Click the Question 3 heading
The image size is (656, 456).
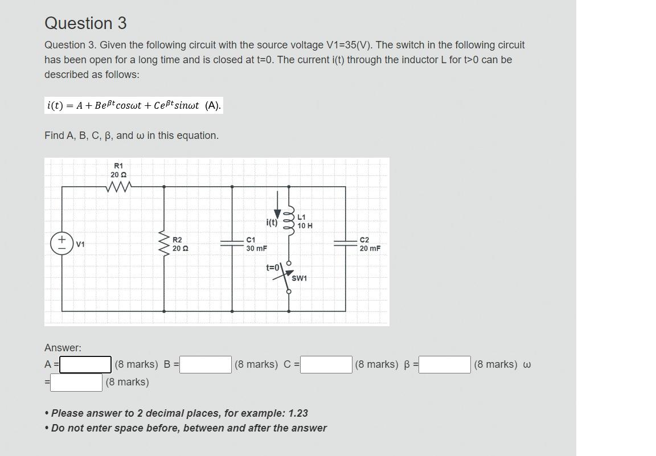click(x=85, y=23)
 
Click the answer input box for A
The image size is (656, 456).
click(x=85, y=364)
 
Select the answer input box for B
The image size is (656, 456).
click(x=206, y=364)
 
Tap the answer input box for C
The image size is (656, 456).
click(x=326, y=364)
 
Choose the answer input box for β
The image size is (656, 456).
click(x=445, y=364)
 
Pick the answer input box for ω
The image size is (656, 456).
click(x=76, y=382)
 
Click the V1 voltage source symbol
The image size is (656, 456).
click(x=62, y=243)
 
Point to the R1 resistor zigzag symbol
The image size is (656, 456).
click(x=118, y=186)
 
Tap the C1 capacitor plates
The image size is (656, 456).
click(x=232, y=243)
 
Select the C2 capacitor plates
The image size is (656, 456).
click(x=345, y=243)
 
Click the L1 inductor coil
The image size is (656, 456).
click(x=289, y=217)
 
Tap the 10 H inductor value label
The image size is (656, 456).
click(x=305, y=226)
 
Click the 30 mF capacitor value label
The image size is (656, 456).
click(x=256, y=249)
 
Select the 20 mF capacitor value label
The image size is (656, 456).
click(x=370, y=249)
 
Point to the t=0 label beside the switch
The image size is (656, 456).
click(x=273, y=268)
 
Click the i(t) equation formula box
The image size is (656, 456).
click(x=134, y=105)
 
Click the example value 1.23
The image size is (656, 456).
click(x=298, y=413)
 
